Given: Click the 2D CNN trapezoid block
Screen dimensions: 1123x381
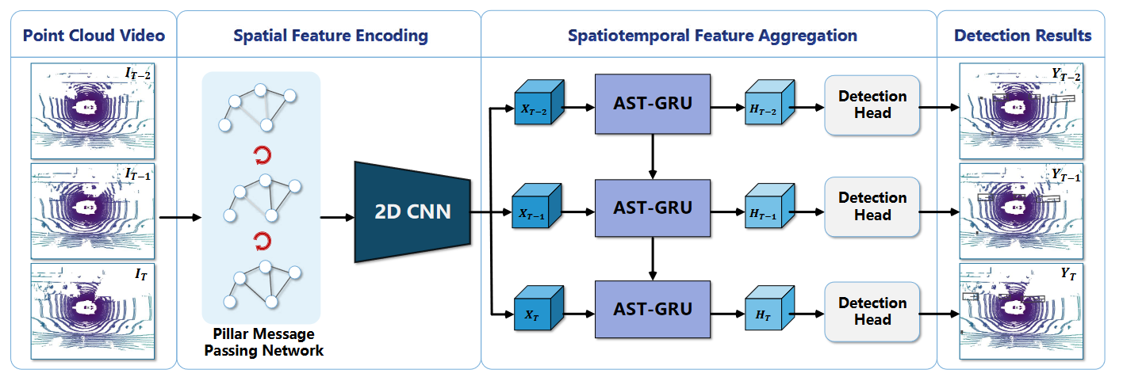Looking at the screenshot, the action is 412,211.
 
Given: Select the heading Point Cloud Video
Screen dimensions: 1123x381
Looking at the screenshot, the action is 94,36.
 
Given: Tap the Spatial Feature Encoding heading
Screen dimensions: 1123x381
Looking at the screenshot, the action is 331,36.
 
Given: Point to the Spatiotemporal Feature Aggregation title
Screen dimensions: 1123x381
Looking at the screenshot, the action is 712,36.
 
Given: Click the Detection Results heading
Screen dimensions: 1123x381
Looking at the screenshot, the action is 1023,36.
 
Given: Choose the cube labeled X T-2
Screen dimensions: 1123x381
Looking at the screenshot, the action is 539,103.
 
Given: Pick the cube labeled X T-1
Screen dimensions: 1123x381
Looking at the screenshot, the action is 536,206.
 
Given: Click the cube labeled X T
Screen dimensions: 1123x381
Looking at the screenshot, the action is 539,308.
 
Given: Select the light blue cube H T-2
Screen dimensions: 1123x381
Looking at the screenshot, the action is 769,102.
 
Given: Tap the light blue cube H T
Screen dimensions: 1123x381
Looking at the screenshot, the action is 769,308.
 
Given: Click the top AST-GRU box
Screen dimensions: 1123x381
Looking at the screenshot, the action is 653,104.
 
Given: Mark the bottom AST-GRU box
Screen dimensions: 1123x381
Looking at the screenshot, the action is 653,310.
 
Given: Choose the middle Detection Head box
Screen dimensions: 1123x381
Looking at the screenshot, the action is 872,207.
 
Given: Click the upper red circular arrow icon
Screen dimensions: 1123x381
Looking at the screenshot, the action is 263,155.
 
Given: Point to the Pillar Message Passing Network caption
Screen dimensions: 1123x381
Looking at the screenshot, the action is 264,342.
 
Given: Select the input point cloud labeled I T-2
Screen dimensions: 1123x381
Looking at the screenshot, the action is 93,111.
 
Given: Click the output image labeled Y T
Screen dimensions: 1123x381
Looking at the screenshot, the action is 1021,311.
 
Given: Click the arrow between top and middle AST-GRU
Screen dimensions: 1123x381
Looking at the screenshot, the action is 653,157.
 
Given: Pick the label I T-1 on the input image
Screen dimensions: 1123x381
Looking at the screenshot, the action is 138,175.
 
